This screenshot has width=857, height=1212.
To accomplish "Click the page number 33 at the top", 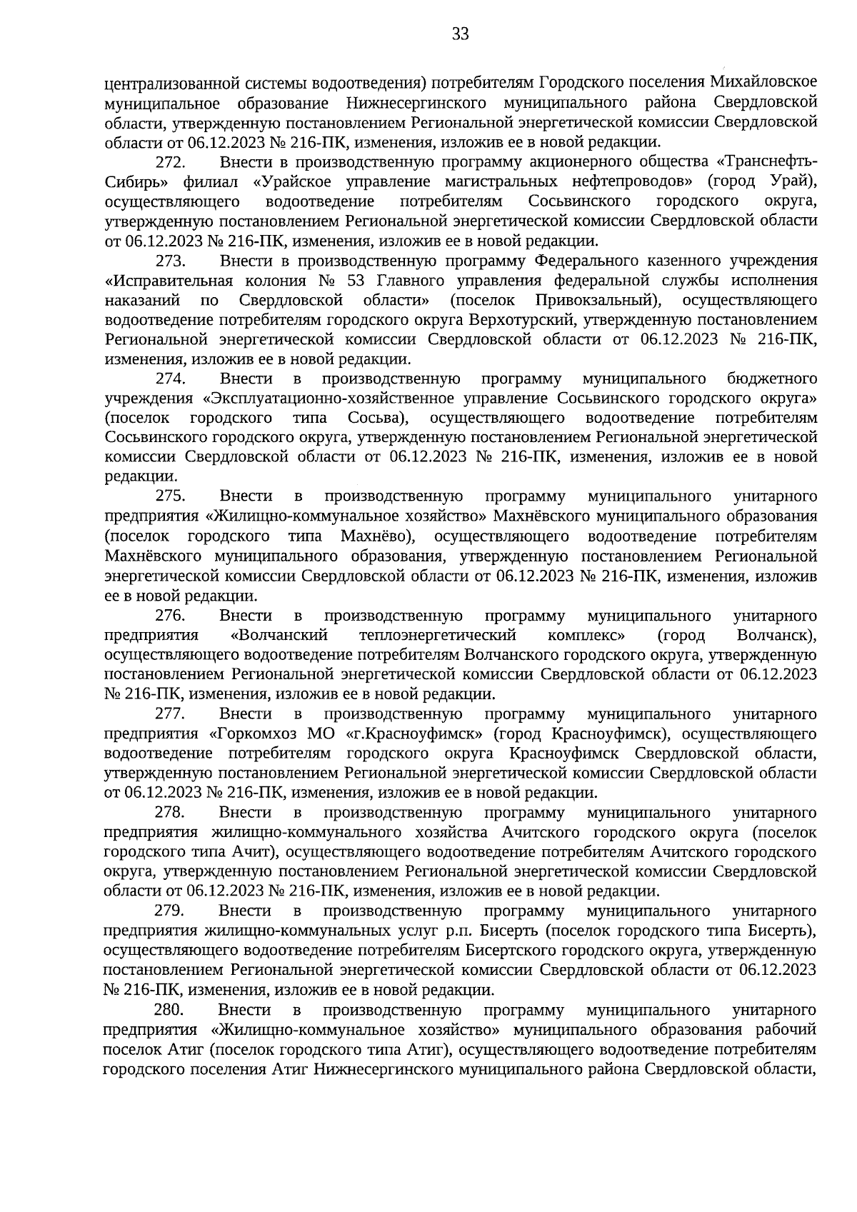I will click(460, 34).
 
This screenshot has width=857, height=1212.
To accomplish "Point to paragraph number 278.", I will click(170, 813).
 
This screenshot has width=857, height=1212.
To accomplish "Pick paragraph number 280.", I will click(169, 1010).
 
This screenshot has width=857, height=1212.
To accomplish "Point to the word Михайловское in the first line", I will click(766, 82).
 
